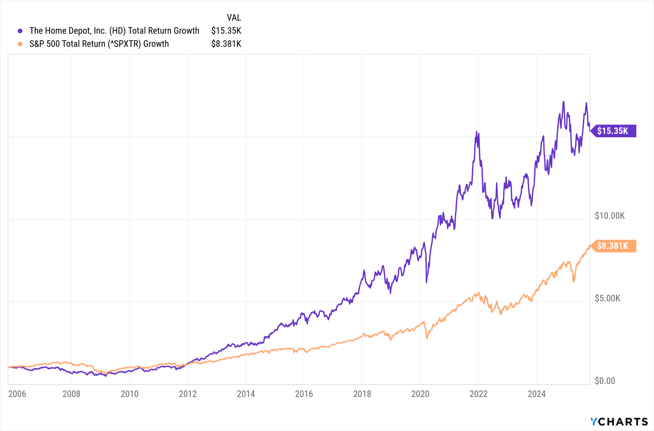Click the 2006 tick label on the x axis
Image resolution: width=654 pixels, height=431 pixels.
[x=17, y=394]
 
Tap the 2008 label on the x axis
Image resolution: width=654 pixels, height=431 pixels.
[x=71, y=394]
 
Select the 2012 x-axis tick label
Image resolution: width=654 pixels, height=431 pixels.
[x=188, y=394]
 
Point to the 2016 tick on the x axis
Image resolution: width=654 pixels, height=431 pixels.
[x=304, y=394]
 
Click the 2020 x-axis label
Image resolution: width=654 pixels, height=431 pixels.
[x=420, y=394]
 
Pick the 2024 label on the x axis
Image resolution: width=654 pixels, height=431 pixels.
[x=537, y=394]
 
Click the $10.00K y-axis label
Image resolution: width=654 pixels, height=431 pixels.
[x=610, y=216]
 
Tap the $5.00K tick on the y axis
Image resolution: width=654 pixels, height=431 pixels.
[x=607, y=298]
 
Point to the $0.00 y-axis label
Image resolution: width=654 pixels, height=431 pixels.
[x=605, y=381]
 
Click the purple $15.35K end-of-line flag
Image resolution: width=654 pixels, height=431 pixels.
[x=613, y=131]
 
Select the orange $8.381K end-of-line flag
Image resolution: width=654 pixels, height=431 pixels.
[x=613, y=246]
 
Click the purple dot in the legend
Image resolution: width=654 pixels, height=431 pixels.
[x=20, y=31]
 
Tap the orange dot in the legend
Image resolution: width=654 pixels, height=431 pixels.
[x=20, y=44]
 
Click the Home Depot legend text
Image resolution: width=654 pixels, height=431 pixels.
[x=114, y=31]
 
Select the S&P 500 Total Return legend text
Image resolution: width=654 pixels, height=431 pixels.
[x=99, y=44]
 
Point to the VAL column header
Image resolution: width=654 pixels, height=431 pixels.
[x=234, y=18]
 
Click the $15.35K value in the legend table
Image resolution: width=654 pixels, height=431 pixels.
[x=226, y=31]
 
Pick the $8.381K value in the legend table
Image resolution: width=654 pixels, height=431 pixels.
[x=226, y=44]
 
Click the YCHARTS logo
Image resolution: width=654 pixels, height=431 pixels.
[x=619, y=422]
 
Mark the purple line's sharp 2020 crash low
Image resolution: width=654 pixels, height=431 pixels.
[x=426, y=282]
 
